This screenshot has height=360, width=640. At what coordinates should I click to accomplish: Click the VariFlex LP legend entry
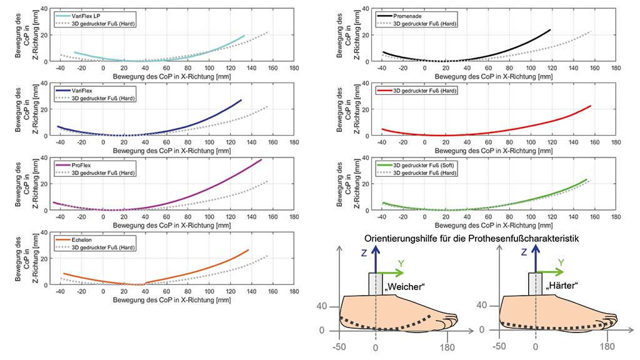pos(77,16)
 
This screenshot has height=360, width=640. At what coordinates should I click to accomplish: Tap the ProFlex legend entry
pos(73,165)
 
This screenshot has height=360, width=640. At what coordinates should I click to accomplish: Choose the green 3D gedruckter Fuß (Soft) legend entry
pos(415,165)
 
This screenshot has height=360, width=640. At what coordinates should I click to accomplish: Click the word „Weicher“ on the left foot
pos(405,286)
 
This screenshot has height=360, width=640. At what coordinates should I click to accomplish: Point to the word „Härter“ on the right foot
pos(563,285)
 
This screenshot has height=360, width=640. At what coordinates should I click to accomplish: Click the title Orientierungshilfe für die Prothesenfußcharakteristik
pos(471,238)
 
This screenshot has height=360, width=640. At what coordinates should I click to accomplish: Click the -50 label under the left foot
pos(339,347)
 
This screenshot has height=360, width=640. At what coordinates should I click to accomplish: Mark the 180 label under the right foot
pos(607,346)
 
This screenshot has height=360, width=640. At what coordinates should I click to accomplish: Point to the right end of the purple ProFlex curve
pos(261,159)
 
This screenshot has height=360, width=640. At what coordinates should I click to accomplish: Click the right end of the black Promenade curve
pos(550,30)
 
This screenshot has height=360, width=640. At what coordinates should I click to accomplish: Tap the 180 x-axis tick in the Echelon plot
pos(294,291)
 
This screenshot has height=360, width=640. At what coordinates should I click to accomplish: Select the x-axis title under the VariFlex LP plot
pos(172,76)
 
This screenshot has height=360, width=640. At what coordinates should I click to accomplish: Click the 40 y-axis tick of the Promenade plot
pos(366,8)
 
